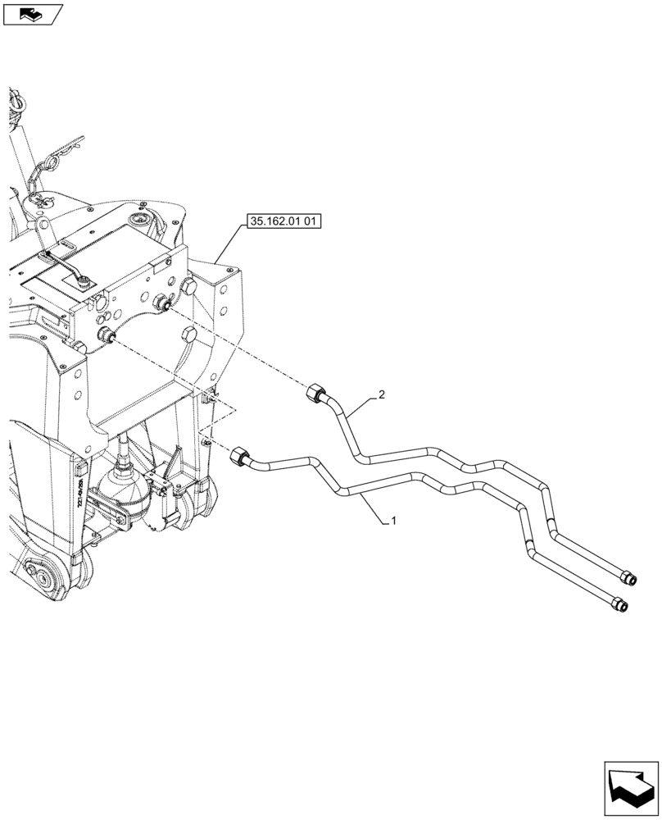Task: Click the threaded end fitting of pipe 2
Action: coord(628,580)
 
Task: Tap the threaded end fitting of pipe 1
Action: coord(622,606)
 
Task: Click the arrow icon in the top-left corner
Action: coord(32,13)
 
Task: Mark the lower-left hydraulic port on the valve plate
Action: coord(106,335)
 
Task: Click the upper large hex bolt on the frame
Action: coord(189,286)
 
